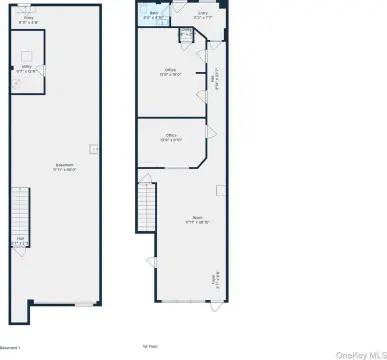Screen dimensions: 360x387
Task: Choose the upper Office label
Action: (171, 72)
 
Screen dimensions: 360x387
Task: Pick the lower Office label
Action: (171, 137)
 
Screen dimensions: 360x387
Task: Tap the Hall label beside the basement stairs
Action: (20, 239)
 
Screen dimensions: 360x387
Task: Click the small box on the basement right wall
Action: (93, 149)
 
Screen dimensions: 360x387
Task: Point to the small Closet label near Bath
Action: (184, 35)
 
